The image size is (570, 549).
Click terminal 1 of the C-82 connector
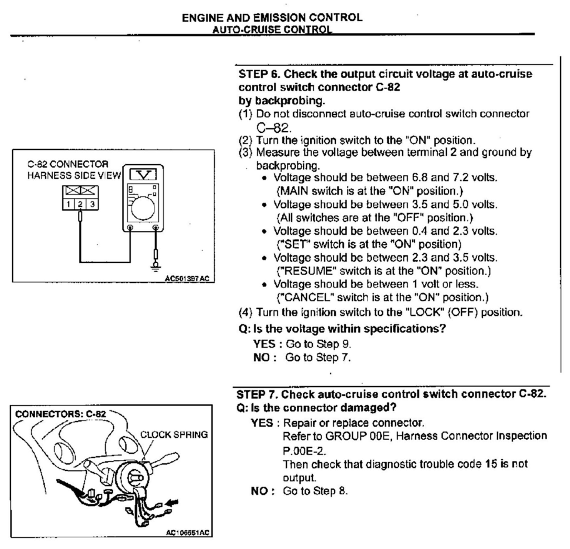pyautogui.click(x=68, y=204)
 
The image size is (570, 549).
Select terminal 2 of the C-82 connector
pyautogui.click(x=80, y=204)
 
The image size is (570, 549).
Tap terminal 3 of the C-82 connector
pyautogui.click(x=92, y=204)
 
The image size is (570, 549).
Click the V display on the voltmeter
pyautogui.click(x=143, y=175)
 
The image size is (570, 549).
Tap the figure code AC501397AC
pyautogui.click(x=187, y=278)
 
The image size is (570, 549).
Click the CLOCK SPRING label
pyautogui.click(x=174, y=434)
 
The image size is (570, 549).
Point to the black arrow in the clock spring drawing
pyautogui.click(x=172, y=502)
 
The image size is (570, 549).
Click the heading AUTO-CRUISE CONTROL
pyautogui.click(x=272, y=30)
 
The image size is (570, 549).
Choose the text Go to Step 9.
pyautogui.click(x=318, y=344)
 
